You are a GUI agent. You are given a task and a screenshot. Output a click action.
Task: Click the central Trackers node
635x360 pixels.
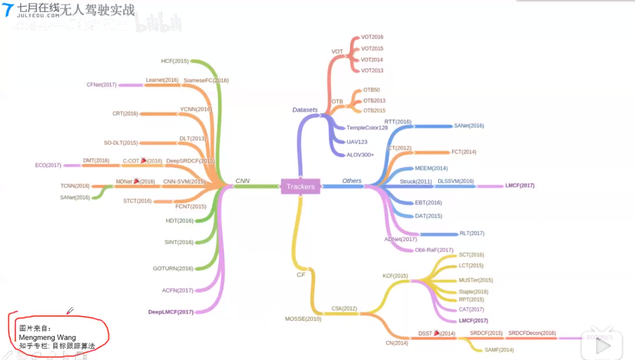tap(300, 186)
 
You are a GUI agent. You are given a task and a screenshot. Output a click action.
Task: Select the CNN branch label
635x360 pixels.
tap(242, 181)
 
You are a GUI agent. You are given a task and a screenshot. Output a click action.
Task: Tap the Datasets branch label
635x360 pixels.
tap(305, 109)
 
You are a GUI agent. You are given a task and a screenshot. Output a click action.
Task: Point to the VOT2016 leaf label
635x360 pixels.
tap(372, 37)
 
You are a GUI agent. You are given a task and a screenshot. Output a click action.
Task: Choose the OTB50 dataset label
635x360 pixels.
tap(371, 90)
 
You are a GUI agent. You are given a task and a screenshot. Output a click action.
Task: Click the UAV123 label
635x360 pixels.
tap(357, 142)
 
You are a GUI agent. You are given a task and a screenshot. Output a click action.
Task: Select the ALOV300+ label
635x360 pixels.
tap(360, 155)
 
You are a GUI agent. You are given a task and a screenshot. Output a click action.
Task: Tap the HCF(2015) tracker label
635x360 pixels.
tap(175, 61)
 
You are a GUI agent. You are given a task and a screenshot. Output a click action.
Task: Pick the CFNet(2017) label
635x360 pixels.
tap(101, 85)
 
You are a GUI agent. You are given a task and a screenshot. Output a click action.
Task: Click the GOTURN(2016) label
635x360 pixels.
tap(173, 269)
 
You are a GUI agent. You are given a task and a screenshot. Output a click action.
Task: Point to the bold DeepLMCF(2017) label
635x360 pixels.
tap(171, 312)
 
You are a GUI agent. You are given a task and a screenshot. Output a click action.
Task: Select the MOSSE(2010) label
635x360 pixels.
tap(303, 319)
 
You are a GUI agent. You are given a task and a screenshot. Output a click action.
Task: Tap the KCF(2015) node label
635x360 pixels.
tap(395, 275)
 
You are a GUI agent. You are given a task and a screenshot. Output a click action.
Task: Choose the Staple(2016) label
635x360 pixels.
tap(473, 292)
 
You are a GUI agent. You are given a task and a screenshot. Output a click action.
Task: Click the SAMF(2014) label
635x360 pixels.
tap(499, 350)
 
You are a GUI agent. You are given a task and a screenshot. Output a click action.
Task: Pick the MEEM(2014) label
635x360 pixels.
tap(431, 168)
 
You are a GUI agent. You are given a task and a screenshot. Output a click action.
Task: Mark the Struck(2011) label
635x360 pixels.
tap(416, 181)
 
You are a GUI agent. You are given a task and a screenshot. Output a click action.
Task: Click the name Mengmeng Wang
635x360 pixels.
tap(47, 337)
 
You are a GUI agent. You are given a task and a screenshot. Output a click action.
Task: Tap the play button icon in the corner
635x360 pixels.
tap(602, 346)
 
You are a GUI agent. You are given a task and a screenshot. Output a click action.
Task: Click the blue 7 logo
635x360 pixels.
tap(8, 9)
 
